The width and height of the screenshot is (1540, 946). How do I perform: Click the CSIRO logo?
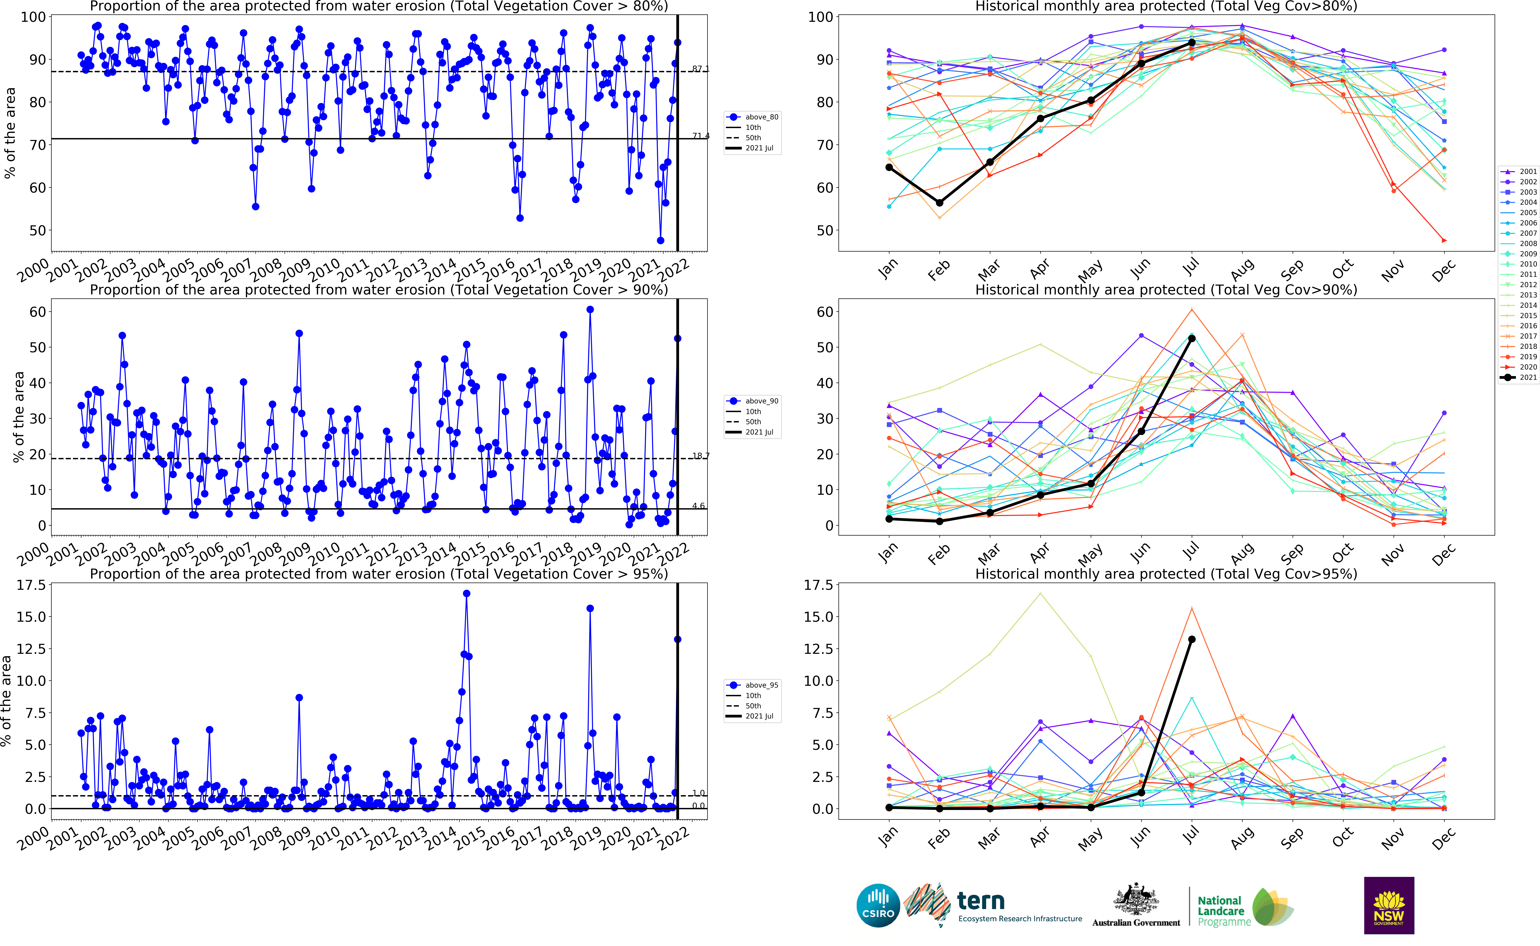point(878,905)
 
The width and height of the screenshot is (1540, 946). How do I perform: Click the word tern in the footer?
point(981,901)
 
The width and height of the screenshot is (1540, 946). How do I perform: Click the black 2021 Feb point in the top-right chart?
point(939,203)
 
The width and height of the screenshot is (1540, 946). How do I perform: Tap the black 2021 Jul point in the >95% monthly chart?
point(1191,639)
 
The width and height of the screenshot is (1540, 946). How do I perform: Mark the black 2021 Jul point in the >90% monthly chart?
point(1191,339)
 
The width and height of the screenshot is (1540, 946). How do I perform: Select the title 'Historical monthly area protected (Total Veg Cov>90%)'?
point(1166,290)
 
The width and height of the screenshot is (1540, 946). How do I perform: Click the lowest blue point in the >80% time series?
point(660,240)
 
